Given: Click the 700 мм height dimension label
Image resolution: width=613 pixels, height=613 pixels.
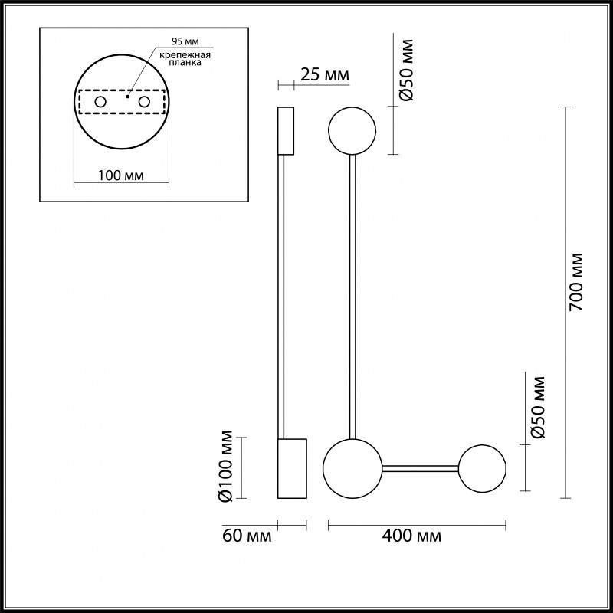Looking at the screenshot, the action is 577,281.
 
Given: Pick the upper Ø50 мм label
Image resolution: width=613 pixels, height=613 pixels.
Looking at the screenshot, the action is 408,68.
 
